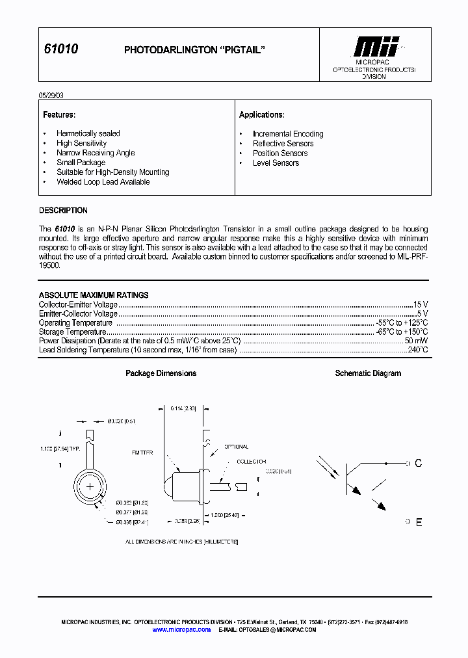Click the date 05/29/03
(51, 95)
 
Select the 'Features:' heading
(59, 115)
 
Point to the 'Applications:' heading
(261, 115)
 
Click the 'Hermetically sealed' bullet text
(88, 133)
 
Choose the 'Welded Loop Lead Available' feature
(103, 182)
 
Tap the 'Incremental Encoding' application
(287, 134)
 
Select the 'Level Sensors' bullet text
(276, 163)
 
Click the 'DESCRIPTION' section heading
(63, 211)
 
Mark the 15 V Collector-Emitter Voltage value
(421, 304)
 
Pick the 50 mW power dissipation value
(416, 341)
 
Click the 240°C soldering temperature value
(418, 350)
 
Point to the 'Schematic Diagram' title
(368, 373)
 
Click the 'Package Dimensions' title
(161, 373)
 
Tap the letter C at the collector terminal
(418, 464)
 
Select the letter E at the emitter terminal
(418, 522)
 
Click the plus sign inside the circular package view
(90, 486)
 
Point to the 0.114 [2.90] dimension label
(182, 408)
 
